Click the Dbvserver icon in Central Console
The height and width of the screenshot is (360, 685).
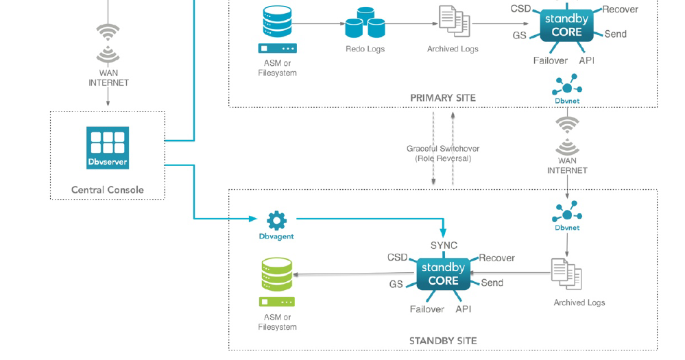(x=108, y=147)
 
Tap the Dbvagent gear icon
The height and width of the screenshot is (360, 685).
(x=276, y=220)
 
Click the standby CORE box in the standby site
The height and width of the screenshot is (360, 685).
(x=443, y=274)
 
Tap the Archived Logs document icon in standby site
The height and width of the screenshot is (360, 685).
(x=566, y=274)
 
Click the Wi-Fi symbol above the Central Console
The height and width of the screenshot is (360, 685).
(x=108, y=43)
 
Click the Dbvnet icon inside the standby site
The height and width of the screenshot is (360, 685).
(x=567, y=213)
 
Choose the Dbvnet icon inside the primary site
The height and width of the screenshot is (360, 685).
(x=567, y=86)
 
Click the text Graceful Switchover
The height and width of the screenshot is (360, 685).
(x=443, y=149)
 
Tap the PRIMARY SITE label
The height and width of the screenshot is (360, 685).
(x=442, y=98)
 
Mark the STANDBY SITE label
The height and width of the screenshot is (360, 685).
(x=442, y=341)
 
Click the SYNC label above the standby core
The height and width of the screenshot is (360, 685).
(x=444, y=245)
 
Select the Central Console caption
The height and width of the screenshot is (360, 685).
(x=108, y=190)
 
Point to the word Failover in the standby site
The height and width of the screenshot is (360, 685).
(x=426, y=309)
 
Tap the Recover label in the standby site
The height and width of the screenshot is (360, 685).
(x=496, y=259)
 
